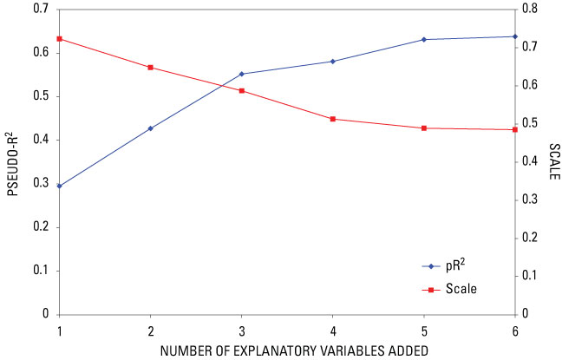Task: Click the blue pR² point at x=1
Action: click(59, 186)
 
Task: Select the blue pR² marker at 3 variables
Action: click(242, 74)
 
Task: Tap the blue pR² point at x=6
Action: click(515, 36)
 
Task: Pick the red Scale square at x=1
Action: click(59, 39)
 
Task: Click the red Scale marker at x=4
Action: click(333, 119)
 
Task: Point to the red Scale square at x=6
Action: click(515, 129)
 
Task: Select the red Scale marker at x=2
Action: click(151, 68)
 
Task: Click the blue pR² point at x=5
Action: click(424, 40)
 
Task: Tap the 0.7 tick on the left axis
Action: click(39, 9)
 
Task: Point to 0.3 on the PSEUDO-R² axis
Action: click(39, 183)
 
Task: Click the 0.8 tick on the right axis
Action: click(529, 9)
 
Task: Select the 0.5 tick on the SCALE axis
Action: click(529, 123)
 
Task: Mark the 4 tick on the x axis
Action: click(333, 331)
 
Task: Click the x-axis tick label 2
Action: click(151, 331)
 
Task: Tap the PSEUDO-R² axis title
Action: click(12, 161)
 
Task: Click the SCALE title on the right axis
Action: click(553, 161)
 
